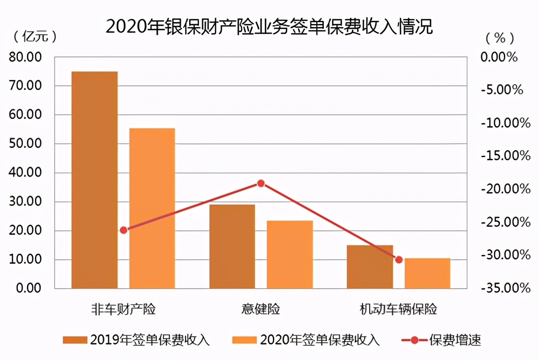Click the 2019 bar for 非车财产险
(x=94, y=180)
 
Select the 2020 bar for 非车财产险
(x=152, y=208)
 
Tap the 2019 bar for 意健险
(x=232, y=246)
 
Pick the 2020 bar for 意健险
(x=290, y=255)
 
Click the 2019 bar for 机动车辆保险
(x=370, y=267)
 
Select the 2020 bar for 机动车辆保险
(x=427, y=273)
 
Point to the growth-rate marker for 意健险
(x=261, y=183)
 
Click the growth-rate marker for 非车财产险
(x=124, y=230)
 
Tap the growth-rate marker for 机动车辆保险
(x=398, y=260)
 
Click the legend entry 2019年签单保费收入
(x=136, y=340)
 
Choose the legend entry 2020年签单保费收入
(x=306, y=340)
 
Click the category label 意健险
(x=260, y=309)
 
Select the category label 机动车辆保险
(x=398, y=309)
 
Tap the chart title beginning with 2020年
(x=269, y=27)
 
